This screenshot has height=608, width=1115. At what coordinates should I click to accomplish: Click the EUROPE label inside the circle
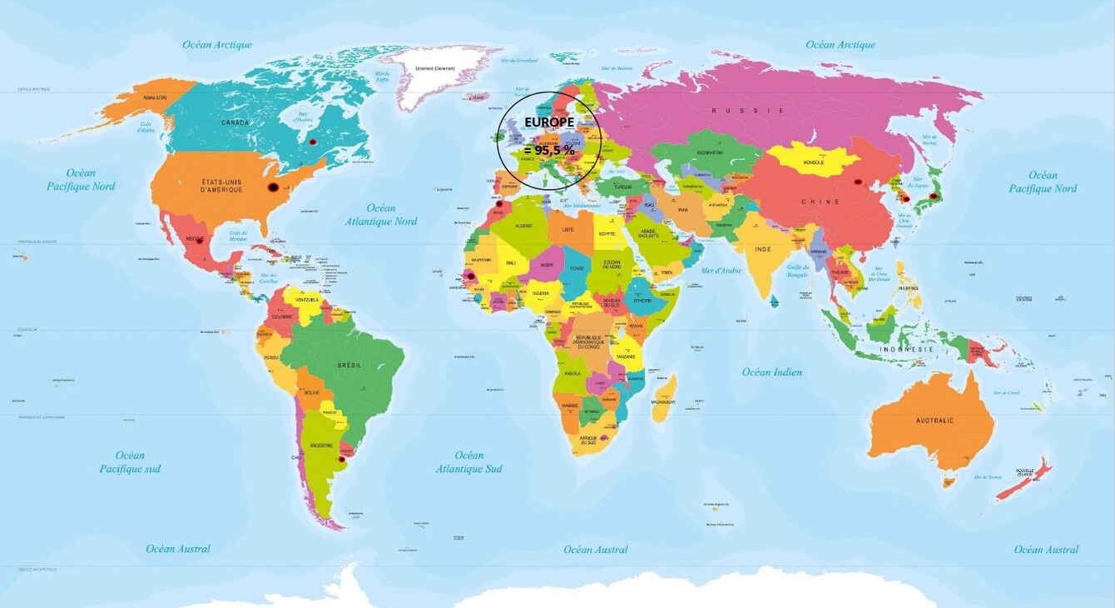click(x=549, y=122)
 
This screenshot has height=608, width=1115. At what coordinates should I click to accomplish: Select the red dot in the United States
click(x=272, y=188)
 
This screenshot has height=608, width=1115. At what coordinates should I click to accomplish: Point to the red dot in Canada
click(x=313, y=142)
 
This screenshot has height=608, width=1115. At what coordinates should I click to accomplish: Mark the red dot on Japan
click(x=934, y=197)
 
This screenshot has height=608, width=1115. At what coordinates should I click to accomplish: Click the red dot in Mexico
click(x=199, y=240)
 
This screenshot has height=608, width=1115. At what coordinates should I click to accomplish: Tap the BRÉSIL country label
click(x=348, y=366)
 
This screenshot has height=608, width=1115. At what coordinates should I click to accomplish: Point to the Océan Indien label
click(x=772, y=372)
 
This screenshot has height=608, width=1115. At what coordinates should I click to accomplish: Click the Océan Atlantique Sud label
click(x=468, y=462)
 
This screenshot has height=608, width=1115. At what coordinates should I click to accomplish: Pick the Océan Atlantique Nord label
click(x=381, y=215)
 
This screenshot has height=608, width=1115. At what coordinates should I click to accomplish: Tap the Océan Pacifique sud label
click(x=130, y=462)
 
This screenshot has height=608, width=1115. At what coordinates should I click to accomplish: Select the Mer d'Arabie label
click(x=721, y=271)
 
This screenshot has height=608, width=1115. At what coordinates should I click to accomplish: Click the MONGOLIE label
click(x=813, y=162)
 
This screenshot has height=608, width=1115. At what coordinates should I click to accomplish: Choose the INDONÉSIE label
click(x=907, y=349)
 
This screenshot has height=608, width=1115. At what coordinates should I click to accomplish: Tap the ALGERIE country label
click(x=524, y=226)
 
